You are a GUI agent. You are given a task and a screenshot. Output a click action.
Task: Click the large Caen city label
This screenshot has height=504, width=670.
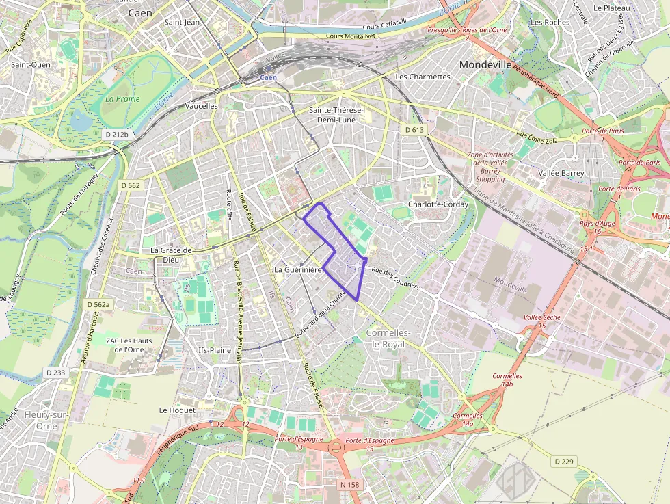point(140,12)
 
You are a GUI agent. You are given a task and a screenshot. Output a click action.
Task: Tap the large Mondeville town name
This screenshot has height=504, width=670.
point(485,64)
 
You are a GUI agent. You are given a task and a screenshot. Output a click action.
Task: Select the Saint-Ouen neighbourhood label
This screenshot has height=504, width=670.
point(31,64)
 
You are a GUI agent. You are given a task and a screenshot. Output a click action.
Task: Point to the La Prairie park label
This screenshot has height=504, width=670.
point(122,98)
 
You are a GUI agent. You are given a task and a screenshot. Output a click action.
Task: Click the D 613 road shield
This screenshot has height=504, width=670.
point(414,129)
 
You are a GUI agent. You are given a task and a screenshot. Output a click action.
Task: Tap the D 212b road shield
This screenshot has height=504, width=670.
point(117,134)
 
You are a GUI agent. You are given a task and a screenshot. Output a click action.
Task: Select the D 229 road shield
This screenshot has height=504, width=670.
point(564,462)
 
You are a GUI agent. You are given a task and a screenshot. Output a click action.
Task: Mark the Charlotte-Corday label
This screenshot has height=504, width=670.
point(438,204)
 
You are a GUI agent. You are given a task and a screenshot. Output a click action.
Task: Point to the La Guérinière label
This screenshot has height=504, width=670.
point(297,270)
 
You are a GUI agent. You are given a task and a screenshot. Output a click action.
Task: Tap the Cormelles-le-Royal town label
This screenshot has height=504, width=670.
point(388,339)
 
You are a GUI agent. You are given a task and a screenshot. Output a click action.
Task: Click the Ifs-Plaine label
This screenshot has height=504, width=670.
point(215,349)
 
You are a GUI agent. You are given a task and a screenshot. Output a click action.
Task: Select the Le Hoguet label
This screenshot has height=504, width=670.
point(177,410)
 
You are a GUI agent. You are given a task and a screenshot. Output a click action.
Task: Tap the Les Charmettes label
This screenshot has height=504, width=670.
point(423,77)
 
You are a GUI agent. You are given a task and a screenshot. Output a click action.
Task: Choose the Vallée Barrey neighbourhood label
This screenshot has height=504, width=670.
point(561,173)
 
